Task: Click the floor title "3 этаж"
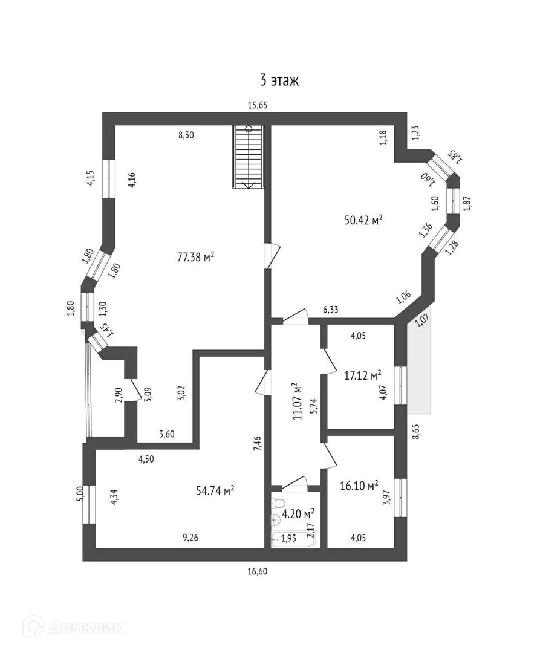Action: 279,80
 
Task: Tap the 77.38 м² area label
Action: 196,257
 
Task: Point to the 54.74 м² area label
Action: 215,490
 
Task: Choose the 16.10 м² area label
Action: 360,485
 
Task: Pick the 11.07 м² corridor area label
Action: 296,401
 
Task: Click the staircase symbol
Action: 249,157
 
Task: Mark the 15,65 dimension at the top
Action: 258,105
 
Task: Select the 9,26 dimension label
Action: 190,536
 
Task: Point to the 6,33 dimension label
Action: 330,310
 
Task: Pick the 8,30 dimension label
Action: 186,135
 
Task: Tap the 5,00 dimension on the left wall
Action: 80,493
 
